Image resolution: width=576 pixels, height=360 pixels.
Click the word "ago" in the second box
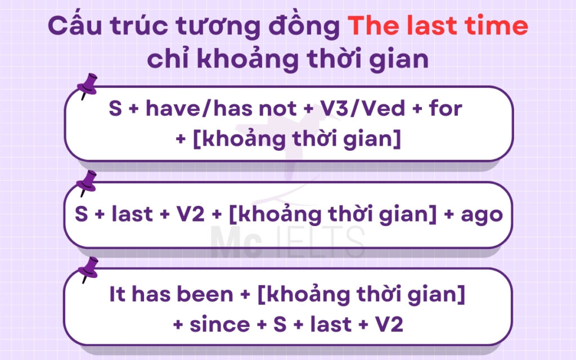(483, 215)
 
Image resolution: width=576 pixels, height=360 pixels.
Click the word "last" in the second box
(134, 215)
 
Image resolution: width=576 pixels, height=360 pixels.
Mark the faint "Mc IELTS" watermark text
(287, 241)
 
